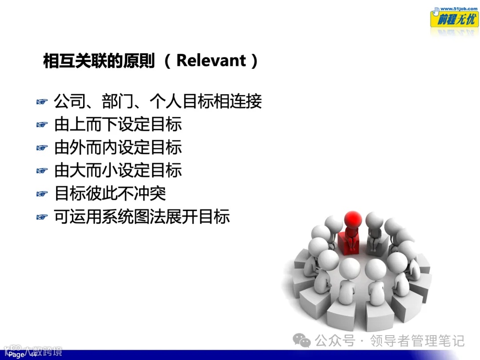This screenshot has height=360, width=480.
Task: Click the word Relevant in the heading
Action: [211, 60]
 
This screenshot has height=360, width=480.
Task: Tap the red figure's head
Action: [354, 219]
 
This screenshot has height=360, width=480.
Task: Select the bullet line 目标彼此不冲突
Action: [110, 194]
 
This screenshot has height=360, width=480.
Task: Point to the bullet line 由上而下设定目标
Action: [118, 125]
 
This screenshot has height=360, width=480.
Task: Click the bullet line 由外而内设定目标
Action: [118, 148]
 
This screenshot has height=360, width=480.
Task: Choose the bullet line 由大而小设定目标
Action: [118, 171]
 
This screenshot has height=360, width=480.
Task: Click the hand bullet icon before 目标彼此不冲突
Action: [42, 194]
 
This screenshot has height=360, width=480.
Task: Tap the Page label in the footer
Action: [16, 355]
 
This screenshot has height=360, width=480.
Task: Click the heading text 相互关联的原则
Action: [99, 61]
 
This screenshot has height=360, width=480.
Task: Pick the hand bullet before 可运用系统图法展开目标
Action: [42, 217]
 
